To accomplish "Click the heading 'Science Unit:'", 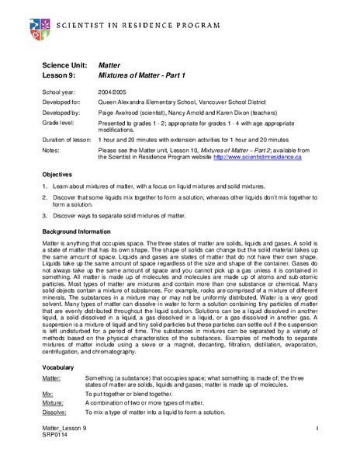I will pos(63,68).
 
